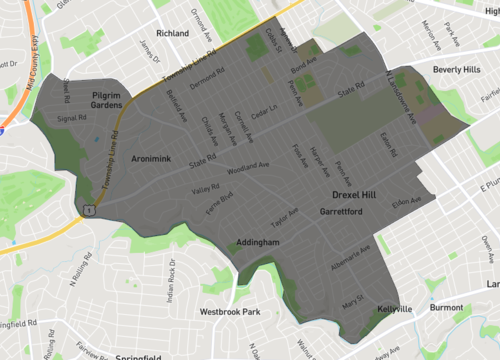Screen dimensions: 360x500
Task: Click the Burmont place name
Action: (x=447, y=309)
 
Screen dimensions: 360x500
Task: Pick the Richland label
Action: (x=172, y=33)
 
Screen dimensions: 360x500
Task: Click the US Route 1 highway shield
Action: (x=89, y=210)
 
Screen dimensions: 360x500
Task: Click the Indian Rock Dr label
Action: (x=171, y=280)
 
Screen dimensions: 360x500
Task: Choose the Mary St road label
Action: (x=353, y=300)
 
